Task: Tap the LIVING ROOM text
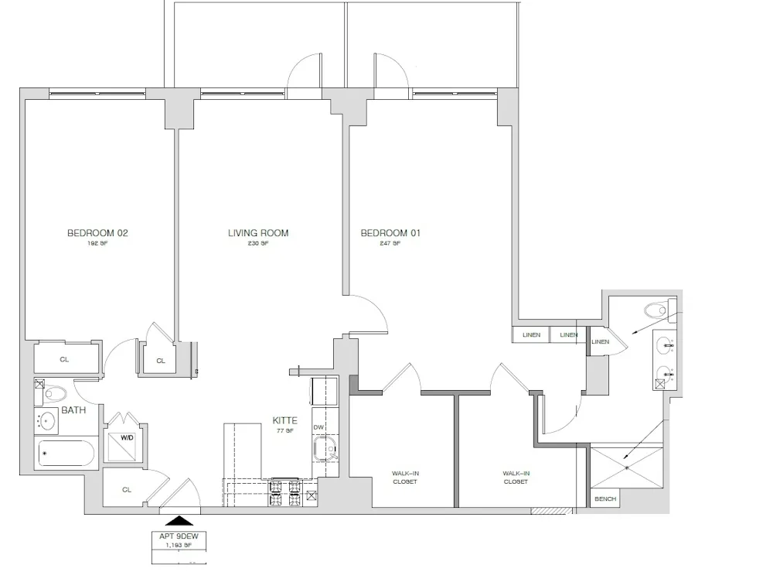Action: (x=258, y=233)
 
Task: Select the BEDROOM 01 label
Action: (x=390, y=233)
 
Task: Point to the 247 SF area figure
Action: (x=390, y=243)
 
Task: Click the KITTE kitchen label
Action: (x=285, y=421)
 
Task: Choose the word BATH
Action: (x=73, y=409)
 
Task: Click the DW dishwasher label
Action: (x=318, y=427)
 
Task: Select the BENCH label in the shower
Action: (x=605, y=499)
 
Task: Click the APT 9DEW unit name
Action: (x=178, y=536)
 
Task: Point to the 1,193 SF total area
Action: (x=178, y=545)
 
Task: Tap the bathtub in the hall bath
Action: (x=66, y=454)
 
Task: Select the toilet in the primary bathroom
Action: (x=656, y=311)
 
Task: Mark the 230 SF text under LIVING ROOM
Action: (x=258, y=243)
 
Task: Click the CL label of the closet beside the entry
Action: (x=126, y=489)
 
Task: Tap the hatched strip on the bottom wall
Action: (x=551, y=511)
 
